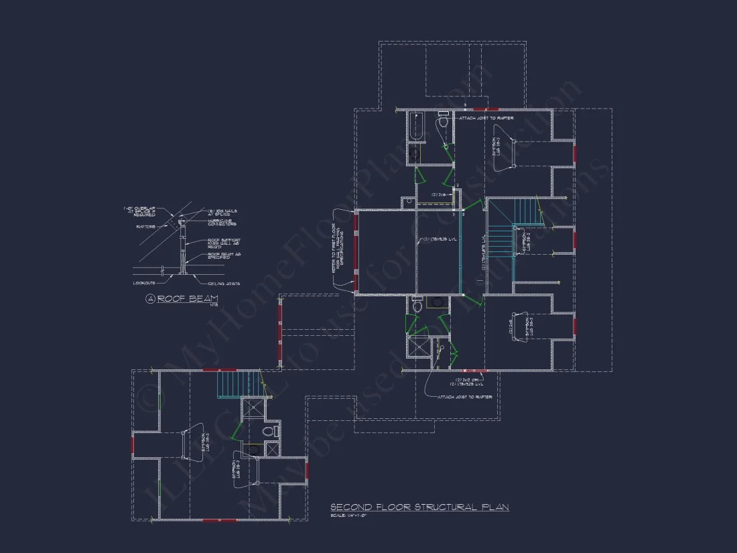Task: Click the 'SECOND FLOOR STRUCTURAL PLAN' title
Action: click(x=419, y=507)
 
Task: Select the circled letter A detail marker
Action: click(x=150, y=299)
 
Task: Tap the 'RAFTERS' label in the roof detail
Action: click(x=145, y=227)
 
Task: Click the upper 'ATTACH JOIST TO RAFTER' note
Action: click(x=486, y=118)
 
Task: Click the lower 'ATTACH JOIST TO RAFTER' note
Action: click(x=465, y=397)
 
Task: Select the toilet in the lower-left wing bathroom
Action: click(x=271, y=431)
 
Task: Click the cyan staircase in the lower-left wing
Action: click(x=228, y=385)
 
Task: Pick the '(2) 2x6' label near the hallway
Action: click(x=439, y=194)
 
